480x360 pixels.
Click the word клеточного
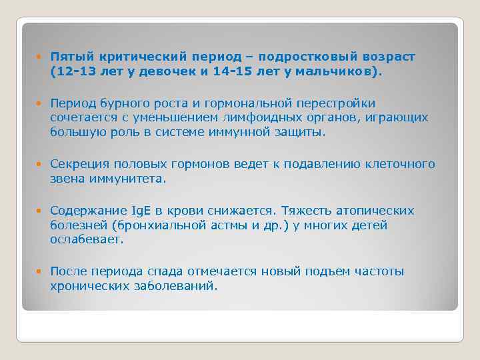click(x=399, y=165)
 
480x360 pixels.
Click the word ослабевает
click(x=87, y=239)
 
